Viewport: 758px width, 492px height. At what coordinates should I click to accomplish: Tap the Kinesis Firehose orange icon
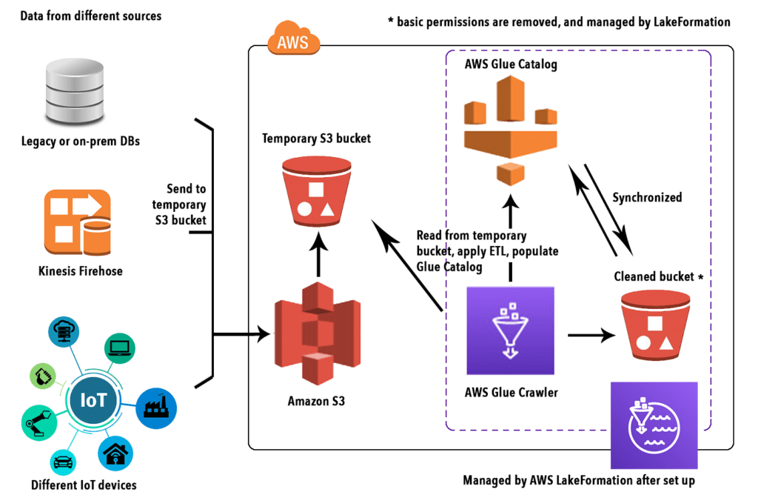coord(78,221)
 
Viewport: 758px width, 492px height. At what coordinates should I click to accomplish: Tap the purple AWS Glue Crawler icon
coord(510,331)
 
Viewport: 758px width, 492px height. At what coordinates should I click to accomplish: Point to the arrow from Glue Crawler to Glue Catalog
coord(510,237)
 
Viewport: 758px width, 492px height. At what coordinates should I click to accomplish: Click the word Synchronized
coord(647,198)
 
